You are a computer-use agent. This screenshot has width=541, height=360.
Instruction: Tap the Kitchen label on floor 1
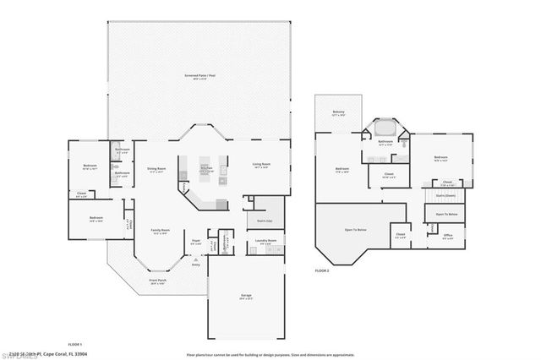[x=205, y=169]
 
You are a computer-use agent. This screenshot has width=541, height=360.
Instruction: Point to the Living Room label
[x=260, y=165]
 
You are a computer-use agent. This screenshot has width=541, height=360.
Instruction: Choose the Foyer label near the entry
[x=195, y=241]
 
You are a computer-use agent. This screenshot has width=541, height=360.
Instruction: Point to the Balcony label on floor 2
[x=338, y=112]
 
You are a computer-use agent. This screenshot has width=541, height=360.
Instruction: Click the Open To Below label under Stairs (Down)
[x=446, y=215]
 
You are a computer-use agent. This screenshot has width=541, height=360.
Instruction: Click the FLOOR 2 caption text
[x=321, y=270]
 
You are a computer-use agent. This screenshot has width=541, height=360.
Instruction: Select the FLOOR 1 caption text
[x=74, y=344]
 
